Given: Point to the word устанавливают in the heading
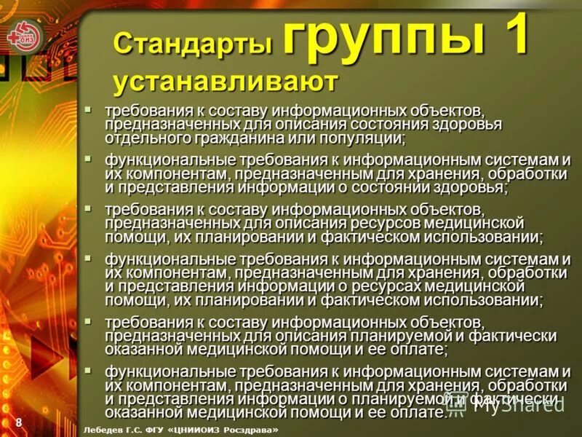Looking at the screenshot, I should point(226,82).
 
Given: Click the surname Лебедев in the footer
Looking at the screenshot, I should point(106,430).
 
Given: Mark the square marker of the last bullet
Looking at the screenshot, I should point(88,370).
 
